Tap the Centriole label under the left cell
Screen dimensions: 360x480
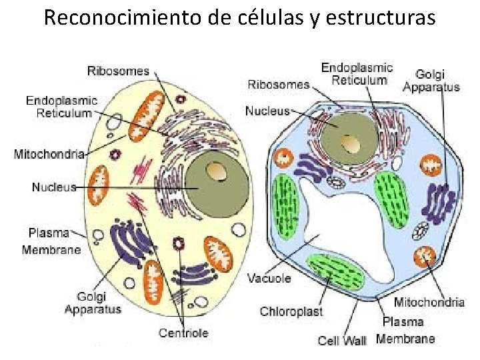tap(183, 332)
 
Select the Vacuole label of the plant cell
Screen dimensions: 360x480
tap(269, 277)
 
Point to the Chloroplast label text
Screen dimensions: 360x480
tap(291, 311)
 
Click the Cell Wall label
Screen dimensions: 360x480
tap(342, 340)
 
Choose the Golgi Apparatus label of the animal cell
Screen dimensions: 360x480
tap(93, 303)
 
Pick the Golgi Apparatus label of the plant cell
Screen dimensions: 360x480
tap(431, 81)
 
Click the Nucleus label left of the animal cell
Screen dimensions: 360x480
tap(54, 187)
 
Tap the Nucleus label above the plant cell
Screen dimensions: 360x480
tap(267, 111)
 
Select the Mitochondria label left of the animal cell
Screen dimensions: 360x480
tap(49, 155)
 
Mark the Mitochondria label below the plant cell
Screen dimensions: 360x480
tap(429, 302)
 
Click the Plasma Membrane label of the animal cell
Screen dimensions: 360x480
tap(51, 241)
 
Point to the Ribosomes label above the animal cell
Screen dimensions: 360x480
tap(119, 71)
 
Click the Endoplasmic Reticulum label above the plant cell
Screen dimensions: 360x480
tap(358, 74)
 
